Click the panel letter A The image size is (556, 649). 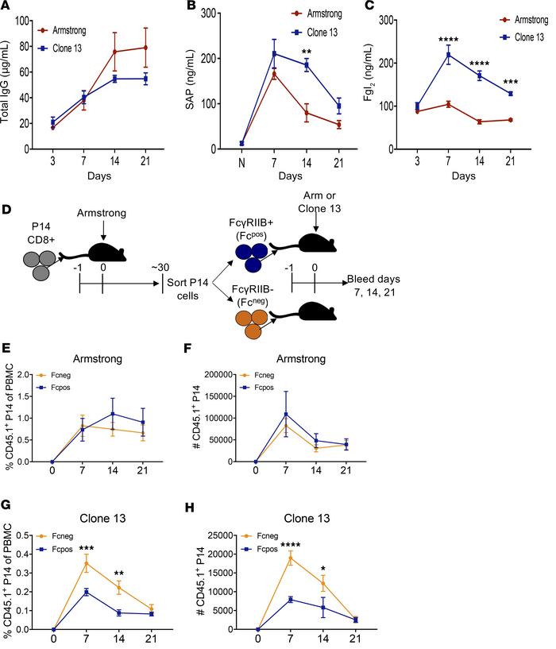coord(7,7)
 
